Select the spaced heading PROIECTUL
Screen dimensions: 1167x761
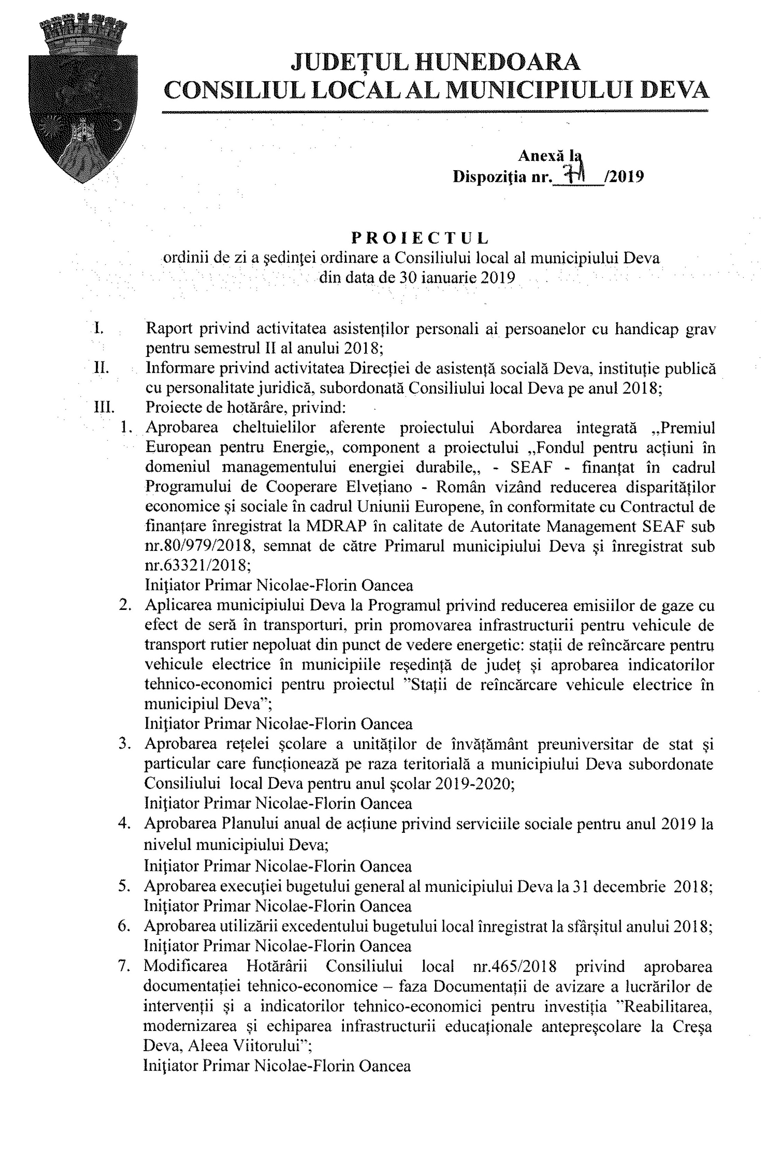coord(420,238)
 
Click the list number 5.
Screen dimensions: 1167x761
coord(125,886)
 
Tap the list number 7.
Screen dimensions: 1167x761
coord(124,966)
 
